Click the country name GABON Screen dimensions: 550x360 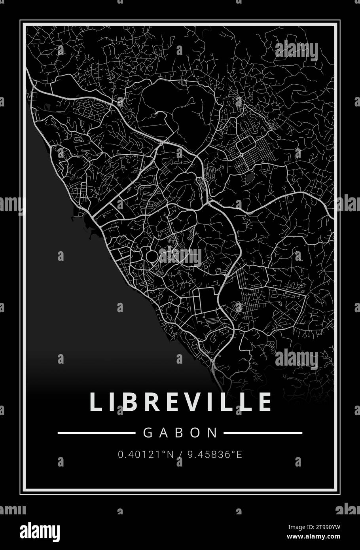(180, 432)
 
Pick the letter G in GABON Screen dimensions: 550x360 (147, 432)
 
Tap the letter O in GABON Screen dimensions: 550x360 (197, 432)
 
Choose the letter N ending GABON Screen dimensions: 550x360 (213, 432)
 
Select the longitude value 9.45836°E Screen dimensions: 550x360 (214, 455)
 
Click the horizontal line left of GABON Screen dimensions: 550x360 (96, 433)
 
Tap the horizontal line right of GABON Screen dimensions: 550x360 (263, 433)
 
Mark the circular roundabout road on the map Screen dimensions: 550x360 (152, 256)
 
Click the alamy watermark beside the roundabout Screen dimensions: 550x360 (180, 256)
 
